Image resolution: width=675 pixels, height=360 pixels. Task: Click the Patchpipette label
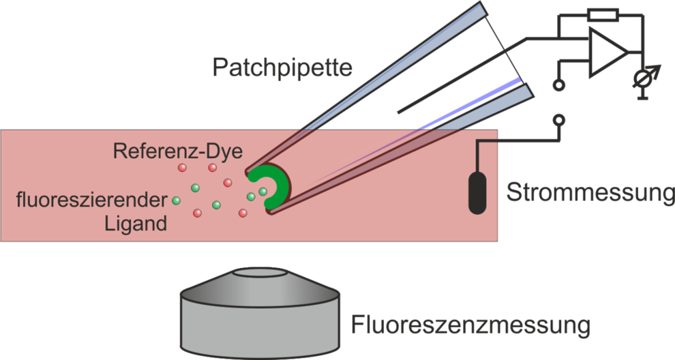281,67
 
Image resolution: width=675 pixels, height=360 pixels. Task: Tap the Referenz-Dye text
177,151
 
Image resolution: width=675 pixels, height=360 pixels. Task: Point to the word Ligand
136,223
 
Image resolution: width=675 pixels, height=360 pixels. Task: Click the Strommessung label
590,194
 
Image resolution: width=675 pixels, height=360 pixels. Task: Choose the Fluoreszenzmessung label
470,325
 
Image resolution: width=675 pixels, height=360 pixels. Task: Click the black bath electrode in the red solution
477,193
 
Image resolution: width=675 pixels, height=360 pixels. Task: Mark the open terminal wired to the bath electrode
559,120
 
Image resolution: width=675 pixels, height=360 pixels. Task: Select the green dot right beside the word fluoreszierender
176,200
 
